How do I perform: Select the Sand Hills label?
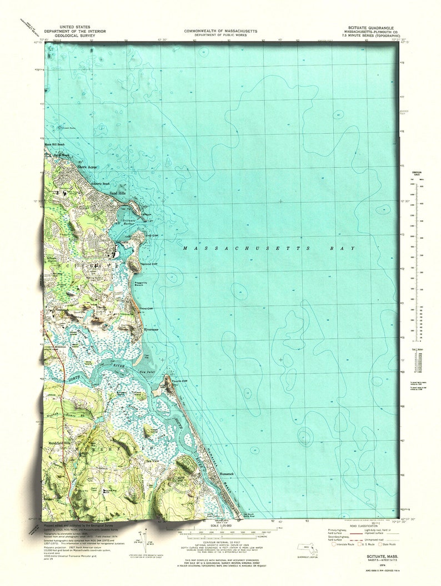tap(118, 193)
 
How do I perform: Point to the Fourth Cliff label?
tap(179, 381)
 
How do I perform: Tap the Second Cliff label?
tap(148, 264)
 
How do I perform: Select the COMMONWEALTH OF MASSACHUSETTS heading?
tap(220, 32)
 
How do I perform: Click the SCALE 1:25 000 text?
tap(220, 526)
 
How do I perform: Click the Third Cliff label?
tap(146, 309)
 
